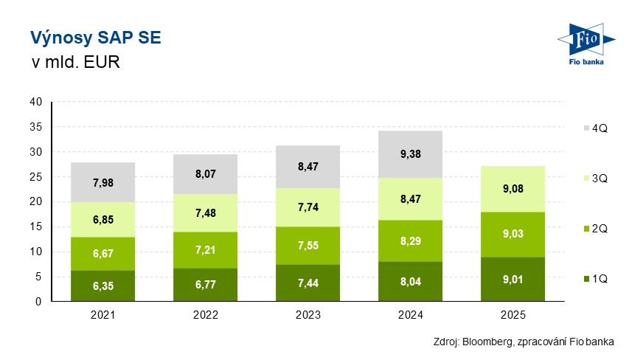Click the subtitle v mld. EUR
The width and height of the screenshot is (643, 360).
pyautogui.click(x=74, y=62)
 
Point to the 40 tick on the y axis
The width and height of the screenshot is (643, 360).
pyautogui.click(x=35, y=102)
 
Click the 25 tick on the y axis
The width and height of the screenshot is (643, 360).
pyautogui.click(x=35, y=177)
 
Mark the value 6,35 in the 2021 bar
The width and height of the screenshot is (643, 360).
pyautogui.click(x=102, y=286)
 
